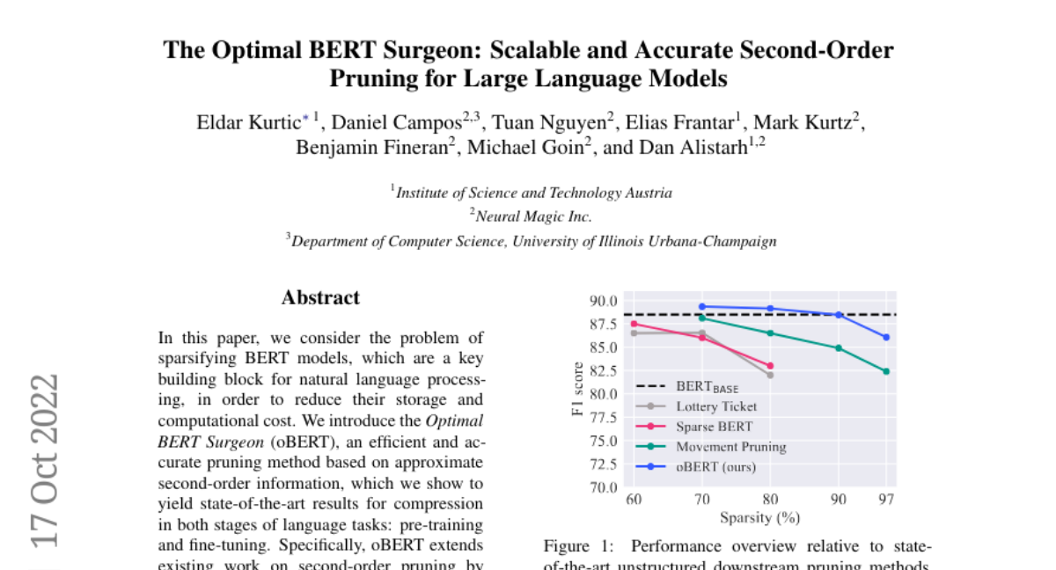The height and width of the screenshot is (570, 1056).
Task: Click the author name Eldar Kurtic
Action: (248, 122)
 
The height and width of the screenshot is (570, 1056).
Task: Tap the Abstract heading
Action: (320, 297)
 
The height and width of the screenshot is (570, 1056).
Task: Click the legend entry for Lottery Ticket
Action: (715, 406)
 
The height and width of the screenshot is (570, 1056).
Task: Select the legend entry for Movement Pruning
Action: (730, 447)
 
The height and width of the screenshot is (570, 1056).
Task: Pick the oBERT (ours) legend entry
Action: (715, 467)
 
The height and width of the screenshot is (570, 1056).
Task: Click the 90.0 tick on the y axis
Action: (604, 301)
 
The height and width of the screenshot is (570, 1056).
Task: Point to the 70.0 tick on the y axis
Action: (604, 486)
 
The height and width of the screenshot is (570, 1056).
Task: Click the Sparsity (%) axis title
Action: (759, 517)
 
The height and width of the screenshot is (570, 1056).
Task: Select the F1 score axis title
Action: (578, 389)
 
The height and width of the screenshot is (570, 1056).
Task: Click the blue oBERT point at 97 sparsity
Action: (886, 337)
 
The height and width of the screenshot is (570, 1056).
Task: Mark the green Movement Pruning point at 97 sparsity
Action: (886, 371)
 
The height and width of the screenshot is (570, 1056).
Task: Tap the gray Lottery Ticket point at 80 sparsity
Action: (770, 375)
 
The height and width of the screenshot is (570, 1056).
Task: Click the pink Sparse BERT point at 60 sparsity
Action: (634, 324)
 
